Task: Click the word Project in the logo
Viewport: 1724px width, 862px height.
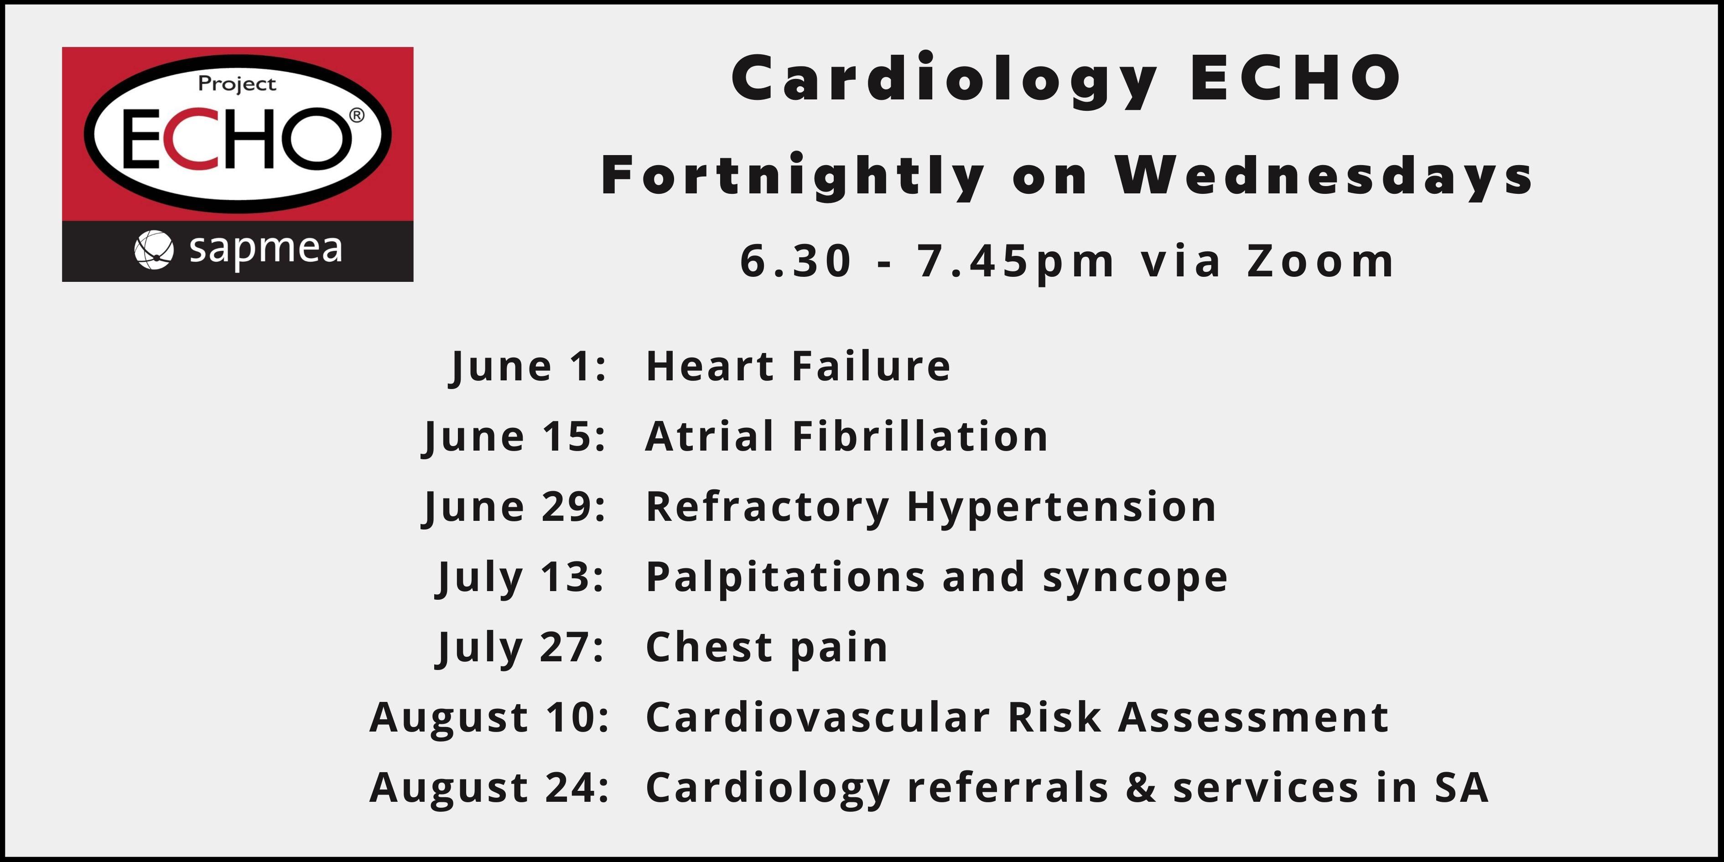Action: [237, 85]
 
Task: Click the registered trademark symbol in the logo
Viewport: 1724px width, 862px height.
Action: [358, 116]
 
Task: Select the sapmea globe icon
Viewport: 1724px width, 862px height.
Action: [154, 249]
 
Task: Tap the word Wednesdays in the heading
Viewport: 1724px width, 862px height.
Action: [1324, 175]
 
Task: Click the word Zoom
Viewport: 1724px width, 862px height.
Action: [1320, 261]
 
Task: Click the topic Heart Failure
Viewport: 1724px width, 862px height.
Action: [798, 366]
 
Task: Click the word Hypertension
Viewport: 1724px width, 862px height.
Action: [1061, 507]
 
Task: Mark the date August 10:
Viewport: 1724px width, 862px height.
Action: [489, 717]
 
